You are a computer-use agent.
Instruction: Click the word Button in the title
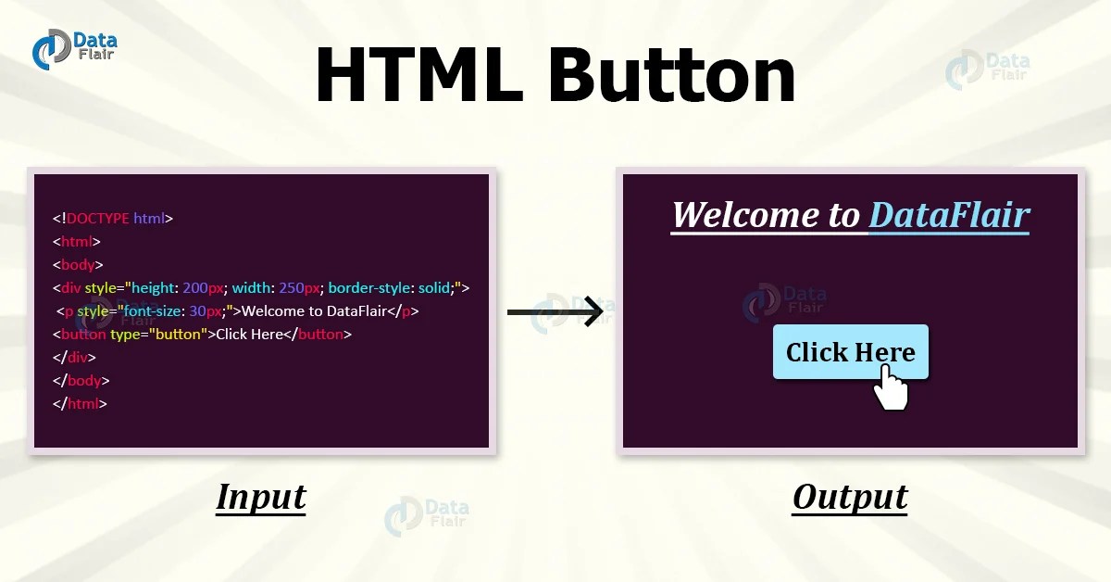point(671,76)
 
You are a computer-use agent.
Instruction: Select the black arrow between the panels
point(555,311)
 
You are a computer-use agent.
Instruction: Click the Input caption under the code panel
point(260,498)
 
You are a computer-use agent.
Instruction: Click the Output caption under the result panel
point(850,498)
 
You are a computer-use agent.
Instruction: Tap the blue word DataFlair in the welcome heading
point(949,215)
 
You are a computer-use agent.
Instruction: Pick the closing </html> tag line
point(80,403)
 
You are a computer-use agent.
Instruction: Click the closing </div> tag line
point(74,357)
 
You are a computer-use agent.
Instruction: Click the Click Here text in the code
point(248,334)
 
